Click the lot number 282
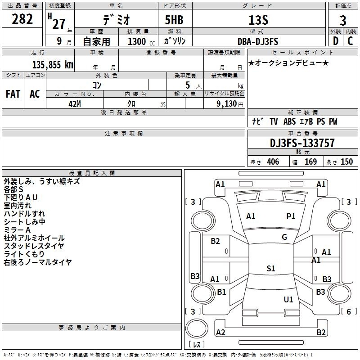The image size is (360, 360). [22, 19]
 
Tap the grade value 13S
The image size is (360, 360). [258, 20]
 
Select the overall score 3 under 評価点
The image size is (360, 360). [343, 20]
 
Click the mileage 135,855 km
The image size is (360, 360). [53, 65]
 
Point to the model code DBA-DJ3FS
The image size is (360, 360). [258, 41]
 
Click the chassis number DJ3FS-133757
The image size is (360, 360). [302, 143]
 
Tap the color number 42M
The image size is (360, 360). [75, 104]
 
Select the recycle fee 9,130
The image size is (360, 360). [227, 104]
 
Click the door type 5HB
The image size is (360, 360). [174, 20]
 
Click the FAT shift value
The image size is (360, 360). [13, 94]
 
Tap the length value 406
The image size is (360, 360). [273, 162]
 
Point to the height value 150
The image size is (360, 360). [346, 162]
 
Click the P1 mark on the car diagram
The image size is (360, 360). [291, 216]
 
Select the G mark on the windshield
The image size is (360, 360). [284, 237]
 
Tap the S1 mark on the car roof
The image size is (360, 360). [271, 268]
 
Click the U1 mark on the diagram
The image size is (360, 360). [288, 300]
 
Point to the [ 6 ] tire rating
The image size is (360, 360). [349, 311]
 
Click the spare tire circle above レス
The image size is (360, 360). [197, 328]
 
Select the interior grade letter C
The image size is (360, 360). [351, 41]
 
